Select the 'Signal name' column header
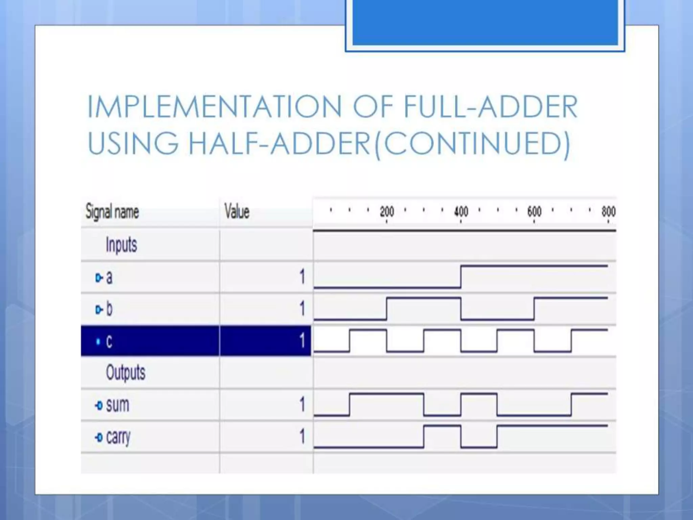click(x=112, y=212)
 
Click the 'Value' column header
click(x=237, y=212)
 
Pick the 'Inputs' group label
click(x=121, y=244)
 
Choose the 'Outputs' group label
click(x=126, y=372)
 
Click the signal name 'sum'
click(x=117, y=405)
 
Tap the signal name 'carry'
click(x=118, y=437)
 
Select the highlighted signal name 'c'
click(x=109, y=341)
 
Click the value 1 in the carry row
click(x=302, y=436)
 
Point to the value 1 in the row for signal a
click(x=302, y=277)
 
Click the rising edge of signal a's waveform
click(x=461, y=277)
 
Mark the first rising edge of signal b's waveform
click(x=387, y=308)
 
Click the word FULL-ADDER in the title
click(x=491, y=107)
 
